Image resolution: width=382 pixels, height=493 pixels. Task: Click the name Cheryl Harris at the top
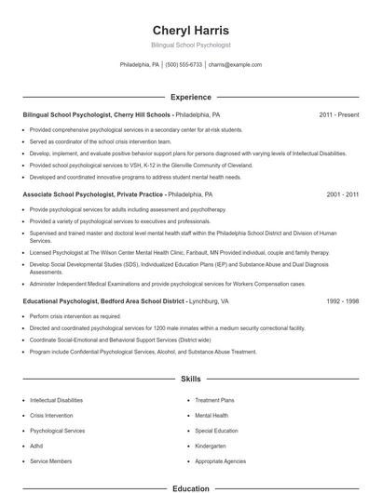click(x=190, y=30)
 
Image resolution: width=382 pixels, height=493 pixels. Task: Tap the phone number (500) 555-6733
click(x=184, y=65)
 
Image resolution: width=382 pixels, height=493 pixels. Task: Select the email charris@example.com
click(x=235, y=65)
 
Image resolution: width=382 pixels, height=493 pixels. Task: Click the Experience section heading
click(x=190, y=97)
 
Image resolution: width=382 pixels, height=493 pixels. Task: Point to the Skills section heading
click(x=190, y=380)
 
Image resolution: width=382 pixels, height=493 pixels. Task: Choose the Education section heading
click(x=190, y=487)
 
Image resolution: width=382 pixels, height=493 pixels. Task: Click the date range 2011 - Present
click(x=338, y=114)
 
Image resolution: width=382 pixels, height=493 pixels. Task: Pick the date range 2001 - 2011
click(x=342, y=195)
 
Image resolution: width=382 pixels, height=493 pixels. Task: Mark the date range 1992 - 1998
click(x=342, y=301)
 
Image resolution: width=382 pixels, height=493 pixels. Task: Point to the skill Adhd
click(x=37, y=446)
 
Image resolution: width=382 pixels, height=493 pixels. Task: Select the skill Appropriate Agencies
click(x=222, y=461)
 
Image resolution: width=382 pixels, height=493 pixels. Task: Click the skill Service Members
click(x=50, y=461)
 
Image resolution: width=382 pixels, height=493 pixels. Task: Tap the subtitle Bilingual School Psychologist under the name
click(x=190, y=45)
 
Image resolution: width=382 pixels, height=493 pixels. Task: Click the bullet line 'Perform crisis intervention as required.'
click(x=75, y=316)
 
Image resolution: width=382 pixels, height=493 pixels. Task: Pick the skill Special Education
click(x=218, y=431)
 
